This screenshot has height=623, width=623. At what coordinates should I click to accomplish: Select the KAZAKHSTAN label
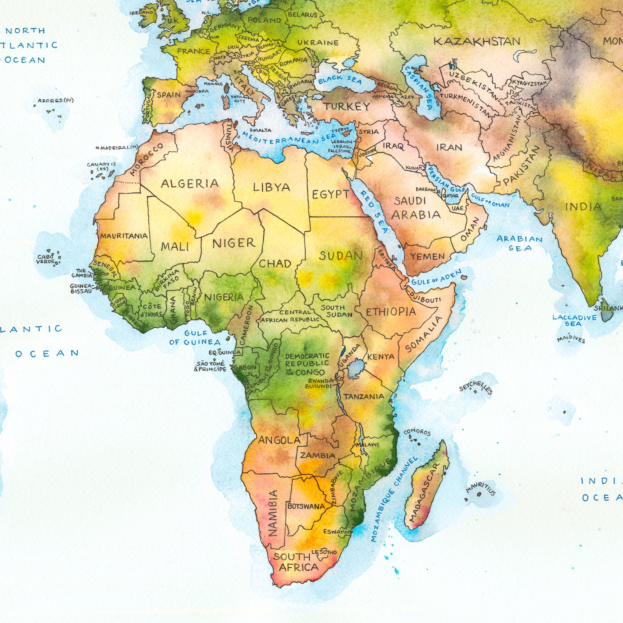coord(477,42)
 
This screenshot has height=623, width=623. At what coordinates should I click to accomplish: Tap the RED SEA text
coord(374,211)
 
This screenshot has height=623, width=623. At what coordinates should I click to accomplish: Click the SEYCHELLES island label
coord(475,387)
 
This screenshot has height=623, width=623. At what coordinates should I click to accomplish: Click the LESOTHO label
coord(324,552)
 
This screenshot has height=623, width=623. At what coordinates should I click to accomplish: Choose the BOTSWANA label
coord(306,506)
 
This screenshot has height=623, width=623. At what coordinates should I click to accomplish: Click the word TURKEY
coord(347,106)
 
